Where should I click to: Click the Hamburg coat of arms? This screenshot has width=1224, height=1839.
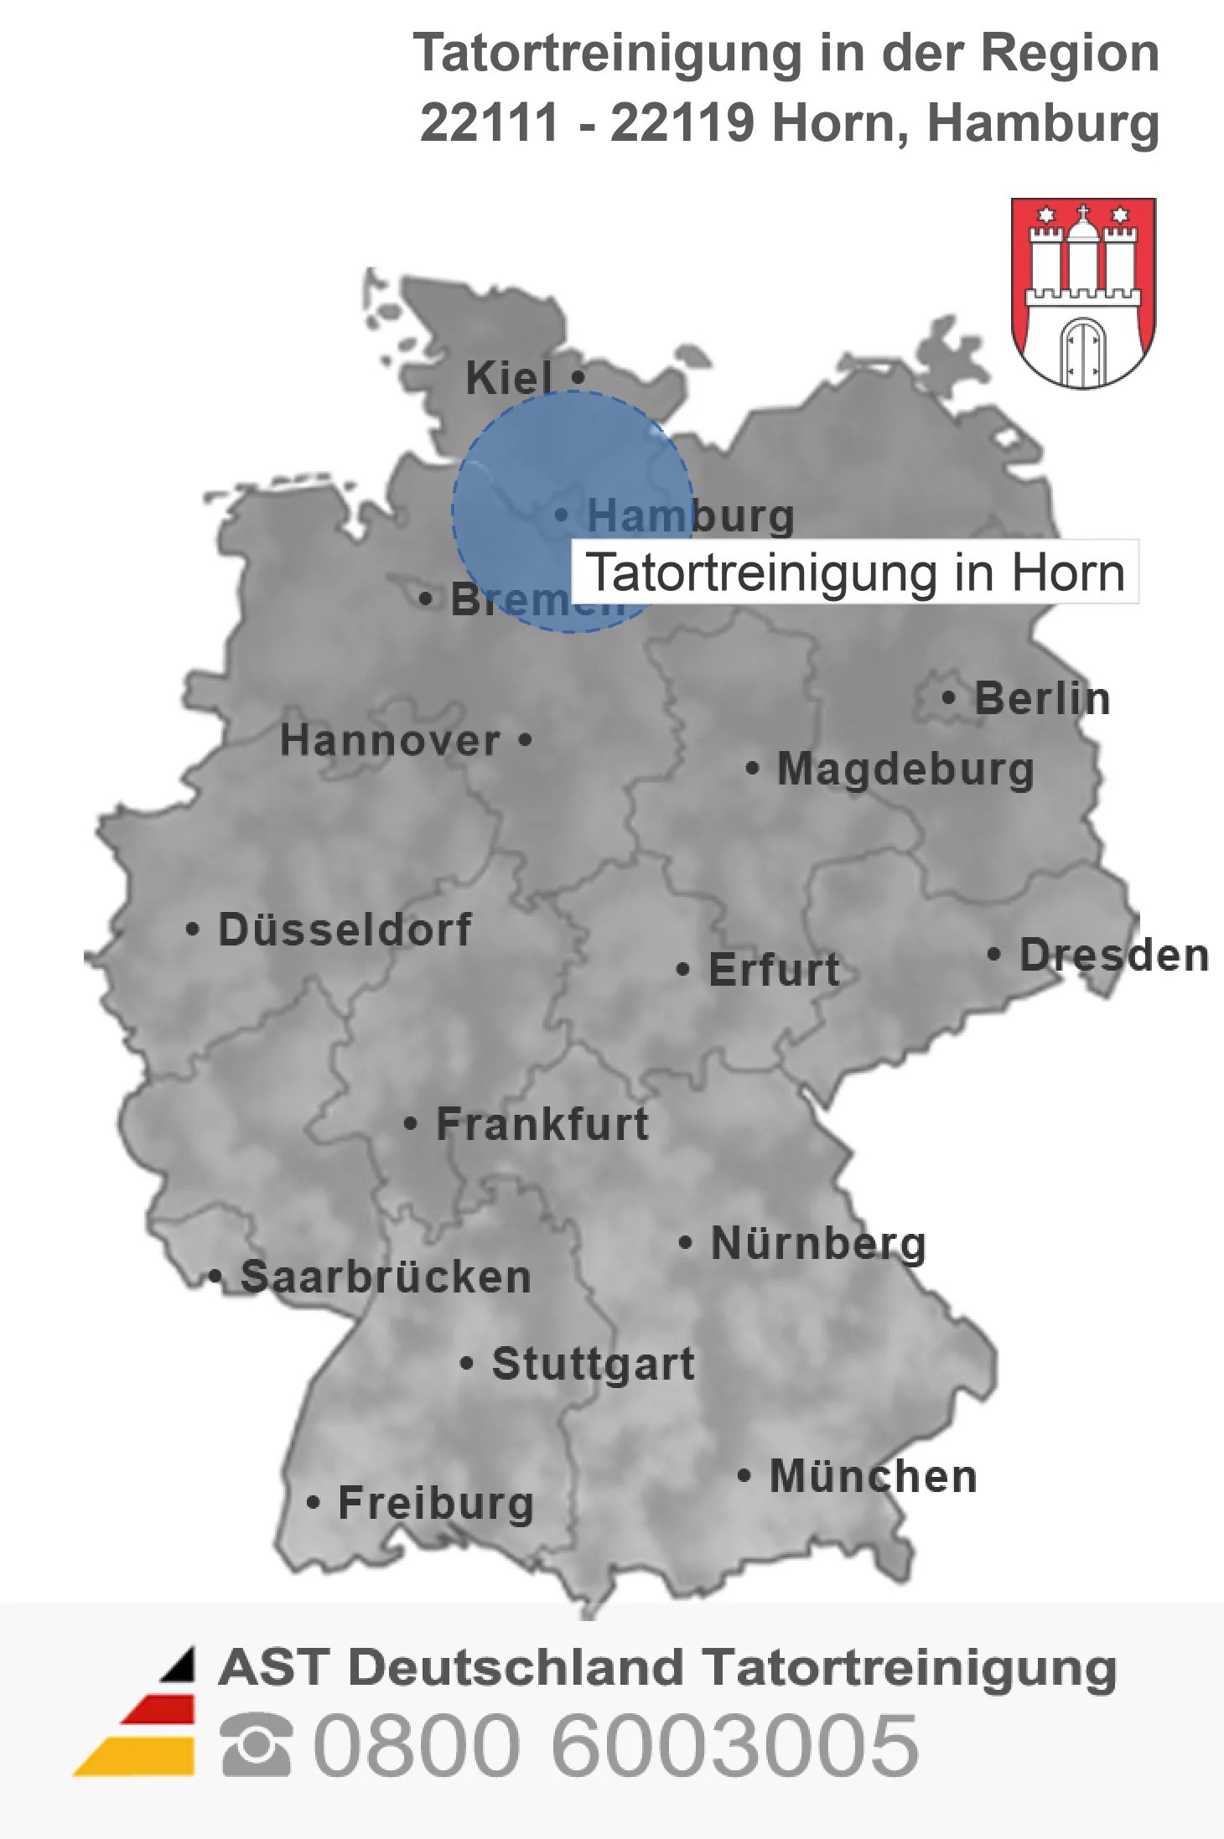(x=1083, y=293)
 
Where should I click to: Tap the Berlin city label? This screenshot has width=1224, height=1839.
(x=1042, y=698)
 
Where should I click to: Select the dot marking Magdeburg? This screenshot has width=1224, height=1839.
(x=752, y=768)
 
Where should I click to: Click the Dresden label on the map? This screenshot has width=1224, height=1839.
(x=1113, y=955)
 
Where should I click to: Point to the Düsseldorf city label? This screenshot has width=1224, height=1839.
(x=345, y=930)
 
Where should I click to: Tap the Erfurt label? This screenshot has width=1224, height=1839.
(x=774, y=970)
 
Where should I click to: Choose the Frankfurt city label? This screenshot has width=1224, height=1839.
(x=542, y=1124)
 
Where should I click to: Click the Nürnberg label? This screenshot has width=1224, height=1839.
(x=818, y=1243)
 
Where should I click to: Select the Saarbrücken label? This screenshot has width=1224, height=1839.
(x=386, y=1277)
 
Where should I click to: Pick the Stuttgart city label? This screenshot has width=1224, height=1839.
(x=594, y=1364)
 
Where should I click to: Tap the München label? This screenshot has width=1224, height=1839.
(x=874, y=1476)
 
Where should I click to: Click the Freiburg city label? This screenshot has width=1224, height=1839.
(x=436, y=1503)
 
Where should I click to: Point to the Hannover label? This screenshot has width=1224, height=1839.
(x=390, y=740)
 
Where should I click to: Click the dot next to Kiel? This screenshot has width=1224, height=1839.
(x=578, y=377)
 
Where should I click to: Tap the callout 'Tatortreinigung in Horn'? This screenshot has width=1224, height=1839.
(x=854, y=572)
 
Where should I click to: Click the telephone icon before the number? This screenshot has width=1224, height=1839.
(x=257, y=1744)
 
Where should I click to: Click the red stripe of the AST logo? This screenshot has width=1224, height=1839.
(x=160, y=1709)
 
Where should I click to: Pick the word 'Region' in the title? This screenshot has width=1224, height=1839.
(x=1070, y=53)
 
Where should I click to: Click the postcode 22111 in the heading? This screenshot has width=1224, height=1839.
(x=490, y=122)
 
